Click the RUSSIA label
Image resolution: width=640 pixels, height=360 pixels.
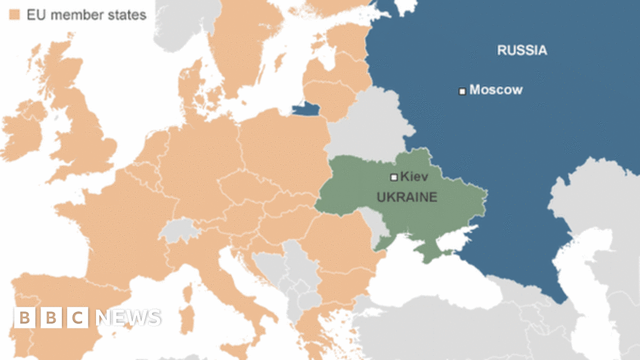[522, 51]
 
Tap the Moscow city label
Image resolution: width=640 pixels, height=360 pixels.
[495, 90]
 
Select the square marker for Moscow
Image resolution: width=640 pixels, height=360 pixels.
[462, 91]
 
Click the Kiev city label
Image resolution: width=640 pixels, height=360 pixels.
[414, 176]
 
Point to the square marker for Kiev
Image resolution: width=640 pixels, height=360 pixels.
[394, 177]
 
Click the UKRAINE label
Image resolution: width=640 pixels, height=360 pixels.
[407, 197]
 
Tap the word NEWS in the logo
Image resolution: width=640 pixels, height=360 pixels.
[129, 318]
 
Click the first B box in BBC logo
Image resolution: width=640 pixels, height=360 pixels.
[25, 318]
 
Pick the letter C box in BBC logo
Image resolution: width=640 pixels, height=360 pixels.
[78, 318]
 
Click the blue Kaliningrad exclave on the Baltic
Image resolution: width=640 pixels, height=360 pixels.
[307, 110]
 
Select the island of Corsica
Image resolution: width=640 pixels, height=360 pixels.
[188, 292]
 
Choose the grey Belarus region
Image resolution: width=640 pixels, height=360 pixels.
[368, 125]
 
